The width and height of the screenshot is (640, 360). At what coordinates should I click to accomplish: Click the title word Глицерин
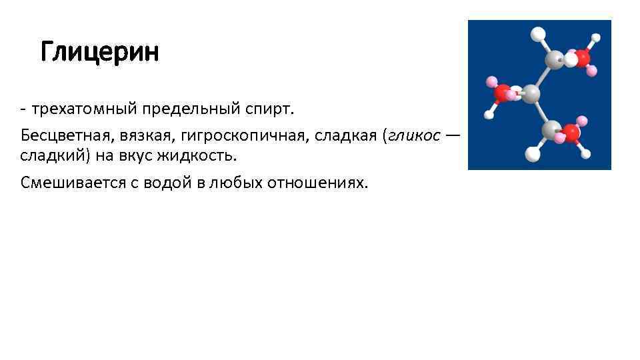99,52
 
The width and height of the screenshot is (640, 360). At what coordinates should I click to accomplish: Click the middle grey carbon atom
531,94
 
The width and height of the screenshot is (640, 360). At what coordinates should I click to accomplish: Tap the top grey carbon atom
554,61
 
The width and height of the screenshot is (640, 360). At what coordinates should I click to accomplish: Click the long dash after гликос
453,135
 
